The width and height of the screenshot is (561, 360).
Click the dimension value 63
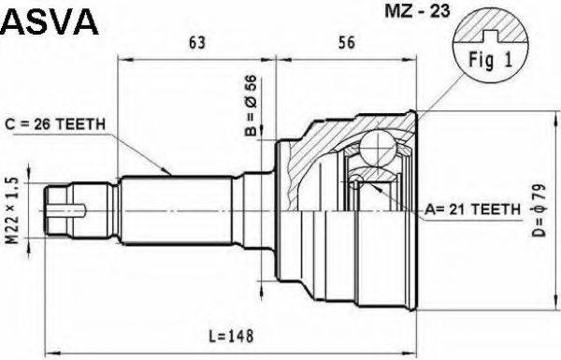pyautogui.click(x=197, y=42)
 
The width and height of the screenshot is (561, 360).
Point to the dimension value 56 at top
pyautogui.click(x=346, y=42)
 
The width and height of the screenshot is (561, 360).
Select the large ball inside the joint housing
pyautogui.click(x=379, y=149)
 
